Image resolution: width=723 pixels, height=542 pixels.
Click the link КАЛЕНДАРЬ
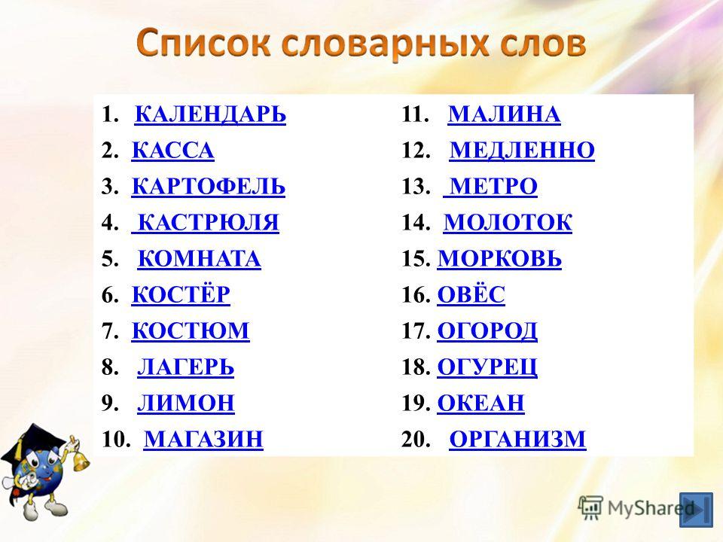click(x=210, y=114)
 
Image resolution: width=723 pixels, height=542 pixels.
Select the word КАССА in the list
click(x=173, y=151)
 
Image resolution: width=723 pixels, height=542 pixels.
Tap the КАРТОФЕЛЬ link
click(x=209, y=186)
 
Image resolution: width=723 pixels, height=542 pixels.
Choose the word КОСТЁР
click(x=181, y=294)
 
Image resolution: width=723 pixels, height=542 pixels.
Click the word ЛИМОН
click(x=186, y=403)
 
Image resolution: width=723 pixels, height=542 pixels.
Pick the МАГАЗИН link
click(x=203, y=439)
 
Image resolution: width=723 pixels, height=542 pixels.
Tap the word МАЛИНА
click(x=505, y=114)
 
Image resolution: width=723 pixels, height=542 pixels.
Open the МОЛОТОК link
click(x=508, y=222)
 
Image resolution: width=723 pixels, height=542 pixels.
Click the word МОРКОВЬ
click(x=499, y=258)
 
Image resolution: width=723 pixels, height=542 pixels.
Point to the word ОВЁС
click(x=471, y=294)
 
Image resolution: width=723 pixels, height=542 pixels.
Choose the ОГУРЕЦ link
click(x=487, y=367)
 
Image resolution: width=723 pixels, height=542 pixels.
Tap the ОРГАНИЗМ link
click(x=517, y=439)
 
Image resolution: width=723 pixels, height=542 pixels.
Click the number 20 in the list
click(x=416, y=439)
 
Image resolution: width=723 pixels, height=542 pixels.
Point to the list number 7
click(x=110, y=331)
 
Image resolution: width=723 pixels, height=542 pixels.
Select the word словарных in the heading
click(x=387, y=44)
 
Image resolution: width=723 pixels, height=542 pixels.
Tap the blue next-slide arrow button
click(x=696, y=510)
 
